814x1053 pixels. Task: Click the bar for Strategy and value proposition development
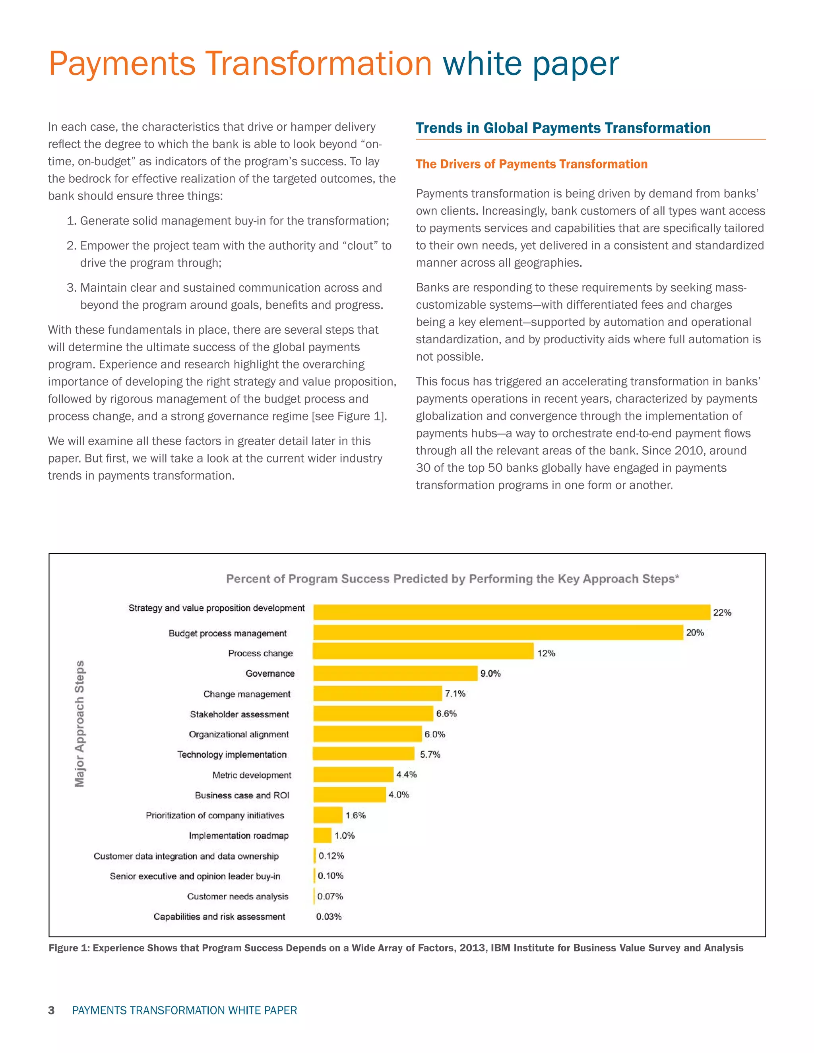(511, 612)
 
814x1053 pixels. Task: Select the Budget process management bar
(498, 632)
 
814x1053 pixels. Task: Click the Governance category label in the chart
(269, 674)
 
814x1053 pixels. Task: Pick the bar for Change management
(377, 693)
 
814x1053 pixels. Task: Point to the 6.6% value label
(446, 714)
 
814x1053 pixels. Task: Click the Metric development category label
(251, 775)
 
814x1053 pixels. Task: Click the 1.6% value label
(355, 815)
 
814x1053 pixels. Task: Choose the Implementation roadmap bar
(322, 835)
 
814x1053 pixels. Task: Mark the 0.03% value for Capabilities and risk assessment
(328, 917)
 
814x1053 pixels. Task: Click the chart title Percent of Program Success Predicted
(452, 579)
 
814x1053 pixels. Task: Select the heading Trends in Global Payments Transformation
(563, 128)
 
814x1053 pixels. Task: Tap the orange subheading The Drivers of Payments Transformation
(531, 164)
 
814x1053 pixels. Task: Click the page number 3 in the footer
(51, 1010)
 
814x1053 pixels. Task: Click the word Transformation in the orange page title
(318, 64)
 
